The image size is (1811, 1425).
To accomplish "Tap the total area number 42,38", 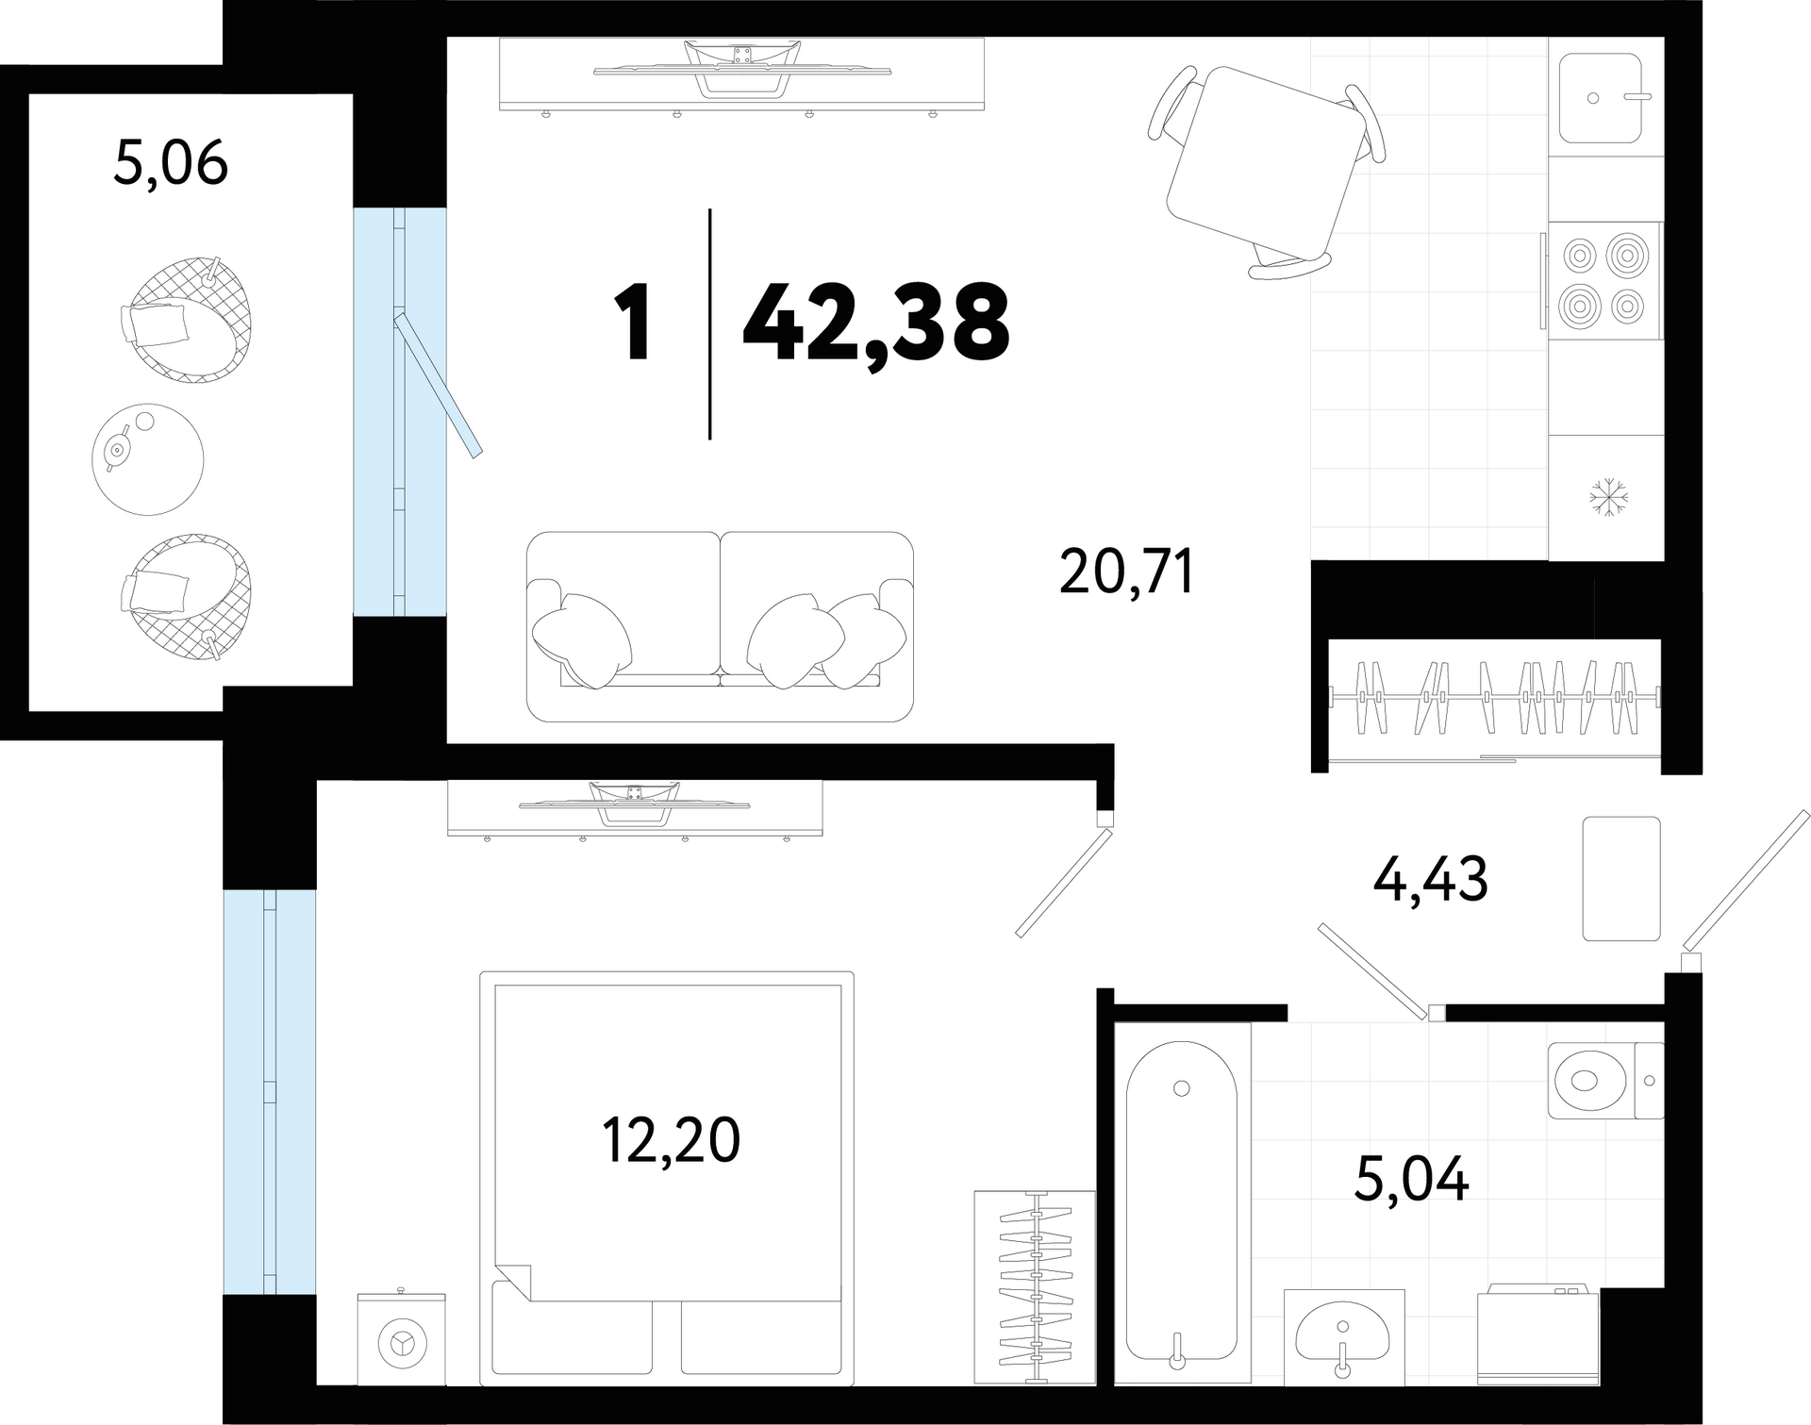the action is point(876,323).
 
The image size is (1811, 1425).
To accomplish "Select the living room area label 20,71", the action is point(1127,572).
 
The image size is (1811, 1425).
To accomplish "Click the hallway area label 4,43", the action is point(1431,879).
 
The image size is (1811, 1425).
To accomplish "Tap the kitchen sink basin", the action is point(1600,97).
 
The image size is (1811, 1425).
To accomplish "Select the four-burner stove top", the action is point(1604,280).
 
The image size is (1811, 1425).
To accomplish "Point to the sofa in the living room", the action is point(720,626).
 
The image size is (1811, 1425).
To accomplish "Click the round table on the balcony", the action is point(148,459).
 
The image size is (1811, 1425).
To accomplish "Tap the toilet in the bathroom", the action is point(1605,1080).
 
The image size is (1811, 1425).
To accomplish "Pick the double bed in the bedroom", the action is point(667,1179).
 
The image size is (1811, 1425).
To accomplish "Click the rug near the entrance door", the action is point(1621,878).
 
